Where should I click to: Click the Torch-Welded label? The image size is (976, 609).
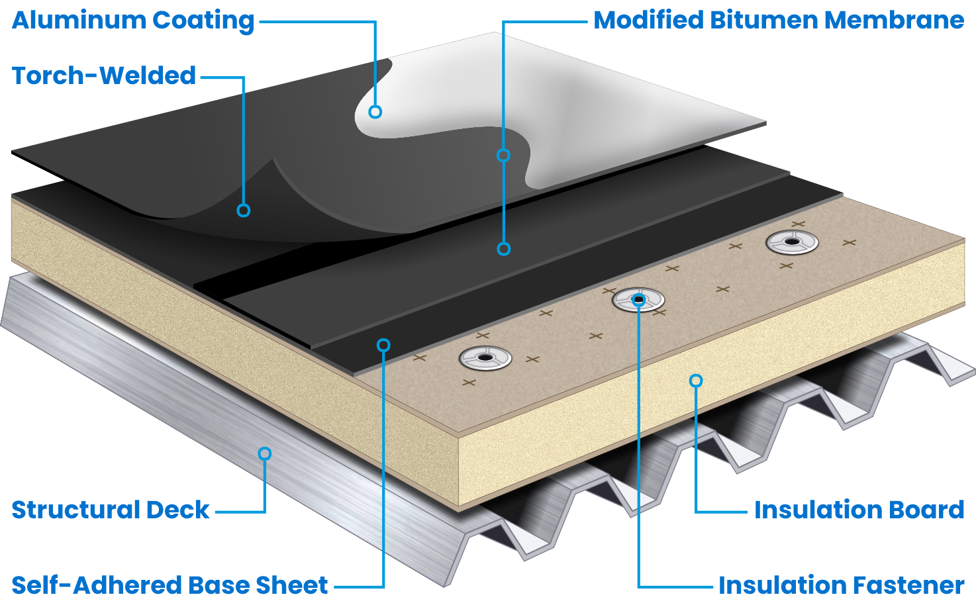(x=104, y=75)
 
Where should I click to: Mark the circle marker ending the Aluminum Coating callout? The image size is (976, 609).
(x=375, y=112)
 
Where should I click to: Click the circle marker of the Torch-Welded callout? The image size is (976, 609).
(x=244, y=211)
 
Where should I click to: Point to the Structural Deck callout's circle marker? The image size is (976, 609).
(x=265, y=453)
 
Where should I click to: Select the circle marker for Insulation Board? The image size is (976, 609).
(x=695, y=381)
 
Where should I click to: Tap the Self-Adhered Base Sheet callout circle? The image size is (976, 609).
(x=383, y=345)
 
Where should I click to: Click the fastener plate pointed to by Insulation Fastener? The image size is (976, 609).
(x=638, y=301)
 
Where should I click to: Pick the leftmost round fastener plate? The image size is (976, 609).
(x=485, y=358)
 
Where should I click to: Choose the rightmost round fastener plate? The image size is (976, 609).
(x=791, y=242)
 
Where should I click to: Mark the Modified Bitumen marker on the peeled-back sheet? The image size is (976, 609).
(x=503, y=155)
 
